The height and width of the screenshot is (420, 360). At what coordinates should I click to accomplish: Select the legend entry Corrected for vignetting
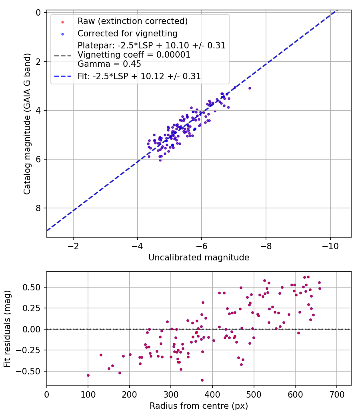(x=127, y=34)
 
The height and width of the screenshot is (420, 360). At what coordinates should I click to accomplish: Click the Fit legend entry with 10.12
(x=139, y=76)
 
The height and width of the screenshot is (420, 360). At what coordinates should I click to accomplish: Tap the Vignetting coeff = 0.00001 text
(x=134, y=55)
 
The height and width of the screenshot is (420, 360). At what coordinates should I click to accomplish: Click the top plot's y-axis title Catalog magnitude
(x=27, y=125)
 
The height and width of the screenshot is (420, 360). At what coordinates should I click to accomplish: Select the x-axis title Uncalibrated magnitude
(x=199, y=258)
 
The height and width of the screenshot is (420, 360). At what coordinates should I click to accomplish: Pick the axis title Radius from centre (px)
(x=199, y=406)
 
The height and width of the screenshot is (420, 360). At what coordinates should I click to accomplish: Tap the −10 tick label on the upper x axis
(x=330, y=244)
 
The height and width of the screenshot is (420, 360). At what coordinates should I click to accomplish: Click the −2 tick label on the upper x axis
(x=73, y=244)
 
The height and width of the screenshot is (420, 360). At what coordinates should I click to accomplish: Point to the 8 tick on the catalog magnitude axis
(x=39, y=208)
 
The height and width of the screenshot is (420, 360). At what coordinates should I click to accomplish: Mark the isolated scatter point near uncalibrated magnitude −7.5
(x=250, y=88)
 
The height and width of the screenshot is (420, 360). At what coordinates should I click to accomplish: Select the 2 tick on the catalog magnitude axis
(x=39, y=61)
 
